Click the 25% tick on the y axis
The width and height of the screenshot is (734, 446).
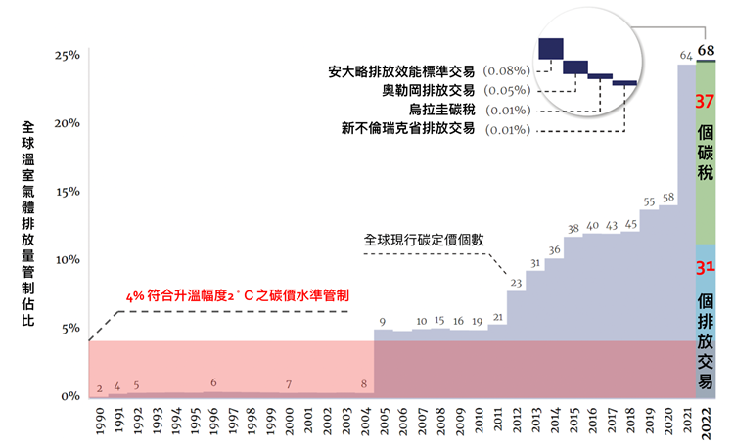[67, 56]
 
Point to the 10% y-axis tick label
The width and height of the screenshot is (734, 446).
[67, 260]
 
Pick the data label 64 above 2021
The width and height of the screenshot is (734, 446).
[686, 54]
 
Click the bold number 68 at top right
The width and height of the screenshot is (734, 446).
[706, 51]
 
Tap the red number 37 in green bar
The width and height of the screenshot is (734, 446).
[706, 100]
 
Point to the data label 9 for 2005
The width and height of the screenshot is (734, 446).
[382, 321]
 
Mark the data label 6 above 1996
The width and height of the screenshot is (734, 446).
[213, 382]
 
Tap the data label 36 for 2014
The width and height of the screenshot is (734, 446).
[554, 250]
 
